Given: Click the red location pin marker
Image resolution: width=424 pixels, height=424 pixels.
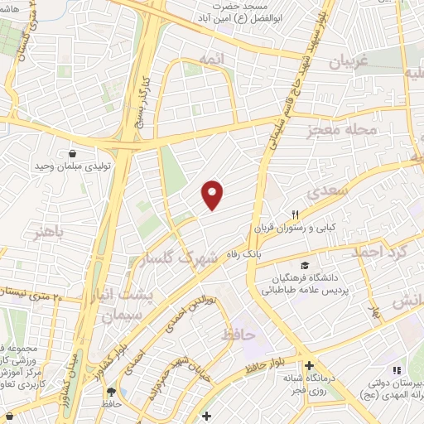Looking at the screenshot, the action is tap(213, 195).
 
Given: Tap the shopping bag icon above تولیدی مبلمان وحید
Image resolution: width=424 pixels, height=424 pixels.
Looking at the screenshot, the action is tap(73, 153).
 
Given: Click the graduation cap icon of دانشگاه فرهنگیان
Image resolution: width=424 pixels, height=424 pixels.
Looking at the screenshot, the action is tap(305, 266).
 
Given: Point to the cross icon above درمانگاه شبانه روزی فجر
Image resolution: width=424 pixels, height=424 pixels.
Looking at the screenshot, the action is tap(308, 365).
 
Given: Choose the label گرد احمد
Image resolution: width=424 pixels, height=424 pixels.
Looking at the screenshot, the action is tap(384, 252).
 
